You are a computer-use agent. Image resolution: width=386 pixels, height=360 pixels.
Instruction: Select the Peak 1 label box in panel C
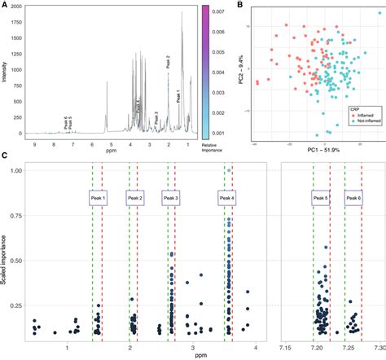[97, 198]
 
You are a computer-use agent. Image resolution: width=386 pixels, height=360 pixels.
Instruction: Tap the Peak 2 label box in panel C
[134, 198]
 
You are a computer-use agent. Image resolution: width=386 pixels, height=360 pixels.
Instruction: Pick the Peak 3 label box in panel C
[171, 198]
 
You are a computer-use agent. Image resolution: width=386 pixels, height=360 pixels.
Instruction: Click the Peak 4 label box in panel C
[229, 198]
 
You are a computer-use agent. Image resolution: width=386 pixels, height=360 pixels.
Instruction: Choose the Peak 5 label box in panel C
[321, 198]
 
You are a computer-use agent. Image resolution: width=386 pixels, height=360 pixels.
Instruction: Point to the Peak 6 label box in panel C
[353, 198]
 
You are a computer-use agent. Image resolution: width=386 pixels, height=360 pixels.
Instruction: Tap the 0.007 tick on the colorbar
[217, 14]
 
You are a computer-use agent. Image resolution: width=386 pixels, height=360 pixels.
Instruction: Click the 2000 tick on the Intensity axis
[15, 6]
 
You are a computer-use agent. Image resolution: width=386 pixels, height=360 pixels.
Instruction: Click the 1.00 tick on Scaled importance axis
[16, 170]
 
